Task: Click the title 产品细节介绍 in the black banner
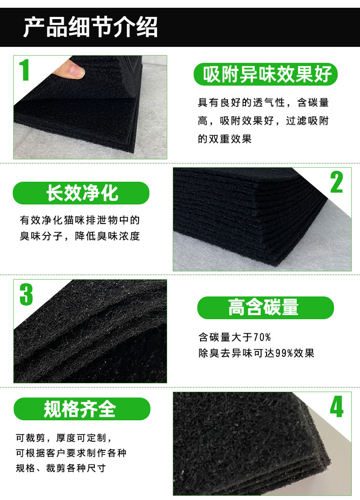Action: click(x=90, y=27)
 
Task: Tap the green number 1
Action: click(x=26, y=71)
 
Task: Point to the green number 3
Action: click(x=26, y=294)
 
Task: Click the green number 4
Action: click(x=336, y=407)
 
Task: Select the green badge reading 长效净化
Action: click(x=81, y=193)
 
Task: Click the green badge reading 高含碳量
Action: click(x=265, y=308)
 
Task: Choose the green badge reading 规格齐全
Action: click(x=81, y=409)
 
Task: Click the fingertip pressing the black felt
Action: click(x=73, y=70)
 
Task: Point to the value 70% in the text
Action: click(x=262, y=337)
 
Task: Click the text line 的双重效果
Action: click(x=225, y=139)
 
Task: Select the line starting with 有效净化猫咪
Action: click(x=80, y=220)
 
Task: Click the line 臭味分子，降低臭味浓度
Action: click(x=80, y=236)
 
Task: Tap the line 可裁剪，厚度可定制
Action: click(x=64, y=438)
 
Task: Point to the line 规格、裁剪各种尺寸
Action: click(x=61, y=468)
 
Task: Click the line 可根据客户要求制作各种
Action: click(x=71, y=453)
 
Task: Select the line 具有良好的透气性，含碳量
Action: click(x=263, y=103)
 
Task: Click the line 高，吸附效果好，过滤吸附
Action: click(x=263, y=121)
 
